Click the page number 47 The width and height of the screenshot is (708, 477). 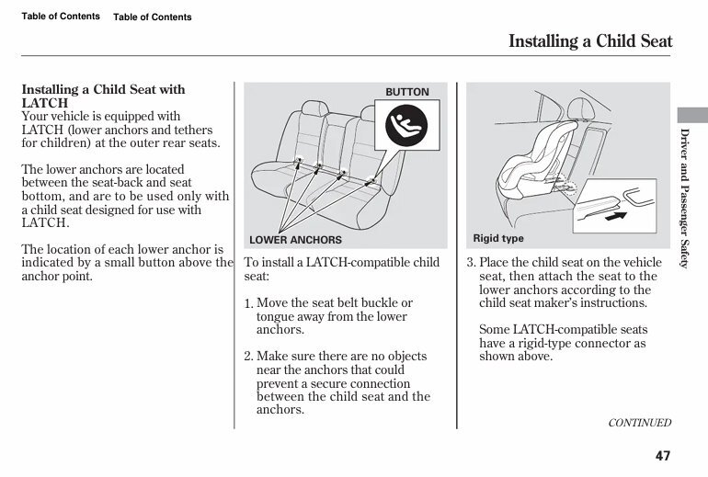click(x=663, y=455)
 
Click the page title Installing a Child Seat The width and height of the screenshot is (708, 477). click(x=590, y=41)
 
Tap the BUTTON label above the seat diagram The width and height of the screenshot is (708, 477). click(x=406, y=92)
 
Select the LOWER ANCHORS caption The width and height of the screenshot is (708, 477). click(x=295, y=240)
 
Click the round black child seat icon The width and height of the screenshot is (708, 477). click(x=406, y=129)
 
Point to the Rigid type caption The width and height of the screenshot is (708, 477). click(x=498, y=239)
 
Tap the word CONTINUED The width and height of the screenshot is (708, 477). click(x=640, y=423)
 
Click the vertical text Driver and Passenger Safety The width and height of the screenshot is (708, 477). click(x=684, y=199)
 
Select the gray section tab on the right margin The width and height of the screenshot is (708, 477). click(x=692, y=114)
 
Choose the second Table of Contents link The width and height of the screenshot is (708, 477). click(x=153, y=17)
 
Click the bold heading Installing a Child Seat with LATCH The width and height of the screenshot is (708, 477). click(x=103, y=97)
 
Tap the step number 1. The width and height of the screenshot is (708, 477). click(x=248, y=304)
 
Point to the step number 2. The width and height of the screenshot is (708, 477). click(x=248, y=357)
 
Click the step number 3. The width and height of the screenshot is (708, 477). click(x=471, y=263)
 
